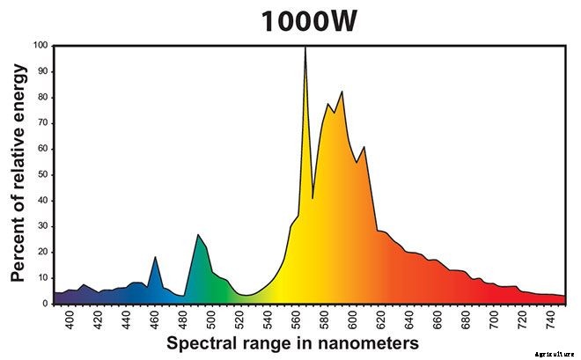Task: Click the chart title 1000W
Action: point(308,21)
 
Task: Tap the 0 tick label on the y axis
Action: point(46,303)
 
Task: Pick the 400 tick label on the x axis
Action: point(70,318)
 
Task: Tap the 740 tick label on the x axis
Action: point(550,318)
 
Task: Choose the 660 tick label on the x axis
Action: point(438,318)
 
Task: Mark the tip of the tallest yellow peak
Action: point(305,48)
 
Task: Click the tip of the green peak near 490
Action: point(198,234)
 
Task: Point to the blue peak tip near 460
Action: point(155,257)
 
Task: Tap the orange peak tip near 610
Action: point(364,147)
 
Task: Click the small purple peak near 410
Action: point(83,284)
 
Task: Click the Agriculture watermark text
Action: point(554,351)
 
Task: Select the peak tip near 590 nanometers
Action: point(342,92)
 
